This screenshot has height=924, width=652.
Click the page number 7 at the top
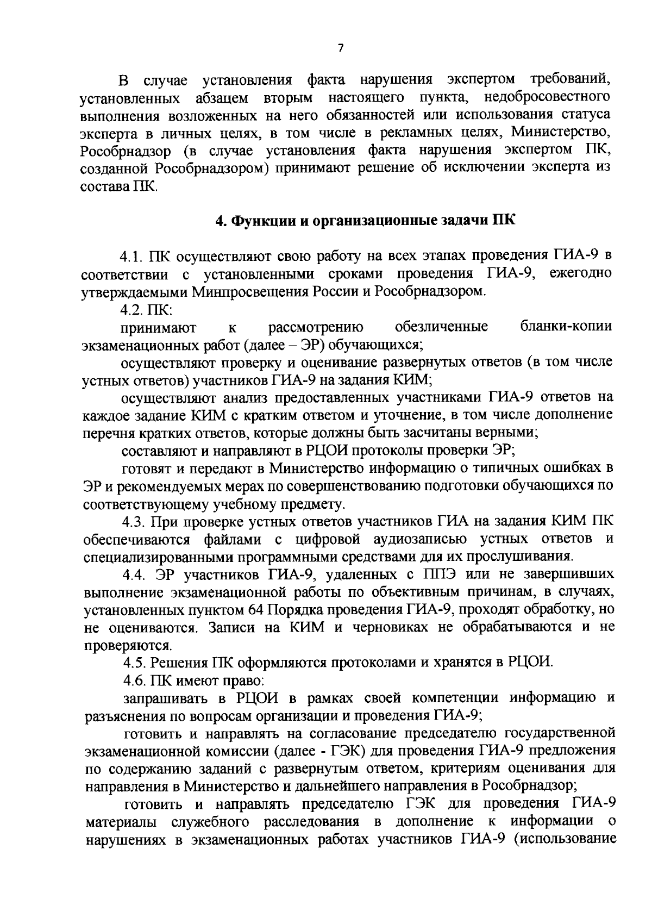[x=341, y=48]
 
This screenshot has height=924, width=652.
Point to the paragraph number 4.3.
[x=133, y=522]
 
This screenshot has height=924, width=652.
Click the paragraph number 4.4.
[x=134, y=575]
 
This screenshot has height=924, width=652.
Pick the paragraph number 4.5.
[x=134, y=663]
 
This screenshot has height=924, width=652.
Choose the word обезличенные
[x=441, y=327]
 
